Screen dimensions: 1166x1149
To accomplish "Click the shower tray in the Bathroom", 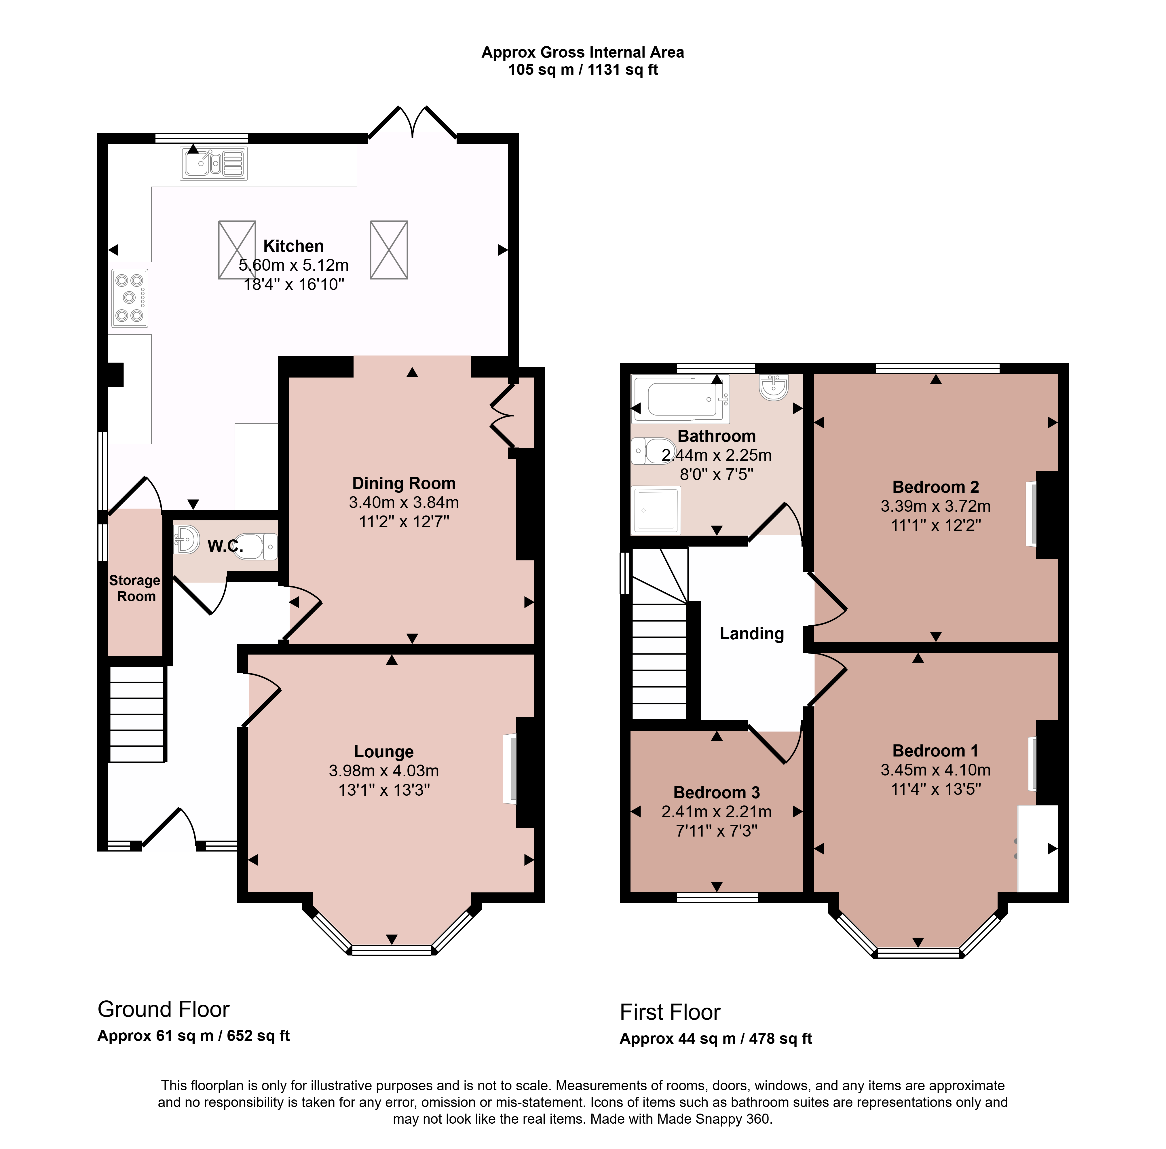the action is [x=656, y=510].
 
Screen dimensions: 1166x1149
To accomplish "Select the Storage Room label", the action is [x=135, y=588].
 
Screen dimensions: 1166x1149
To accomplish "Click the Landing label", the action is [x=752, y=634].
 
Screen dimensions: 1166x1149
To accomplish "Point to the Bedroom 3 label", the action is [x=717, y=792].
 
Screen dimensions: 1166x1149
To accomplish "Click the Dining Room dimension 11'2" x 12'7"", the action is [x=404, y=522].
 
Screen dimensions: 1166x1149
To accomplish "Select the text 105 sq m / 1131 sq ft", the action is [x=583, y=70].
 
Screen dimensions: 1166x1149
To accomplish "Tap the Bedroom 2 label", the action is [x=936, y=487].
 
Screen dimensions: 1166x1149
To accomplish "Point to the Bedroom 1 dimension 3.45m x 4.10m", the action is [x=936, y=770].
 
